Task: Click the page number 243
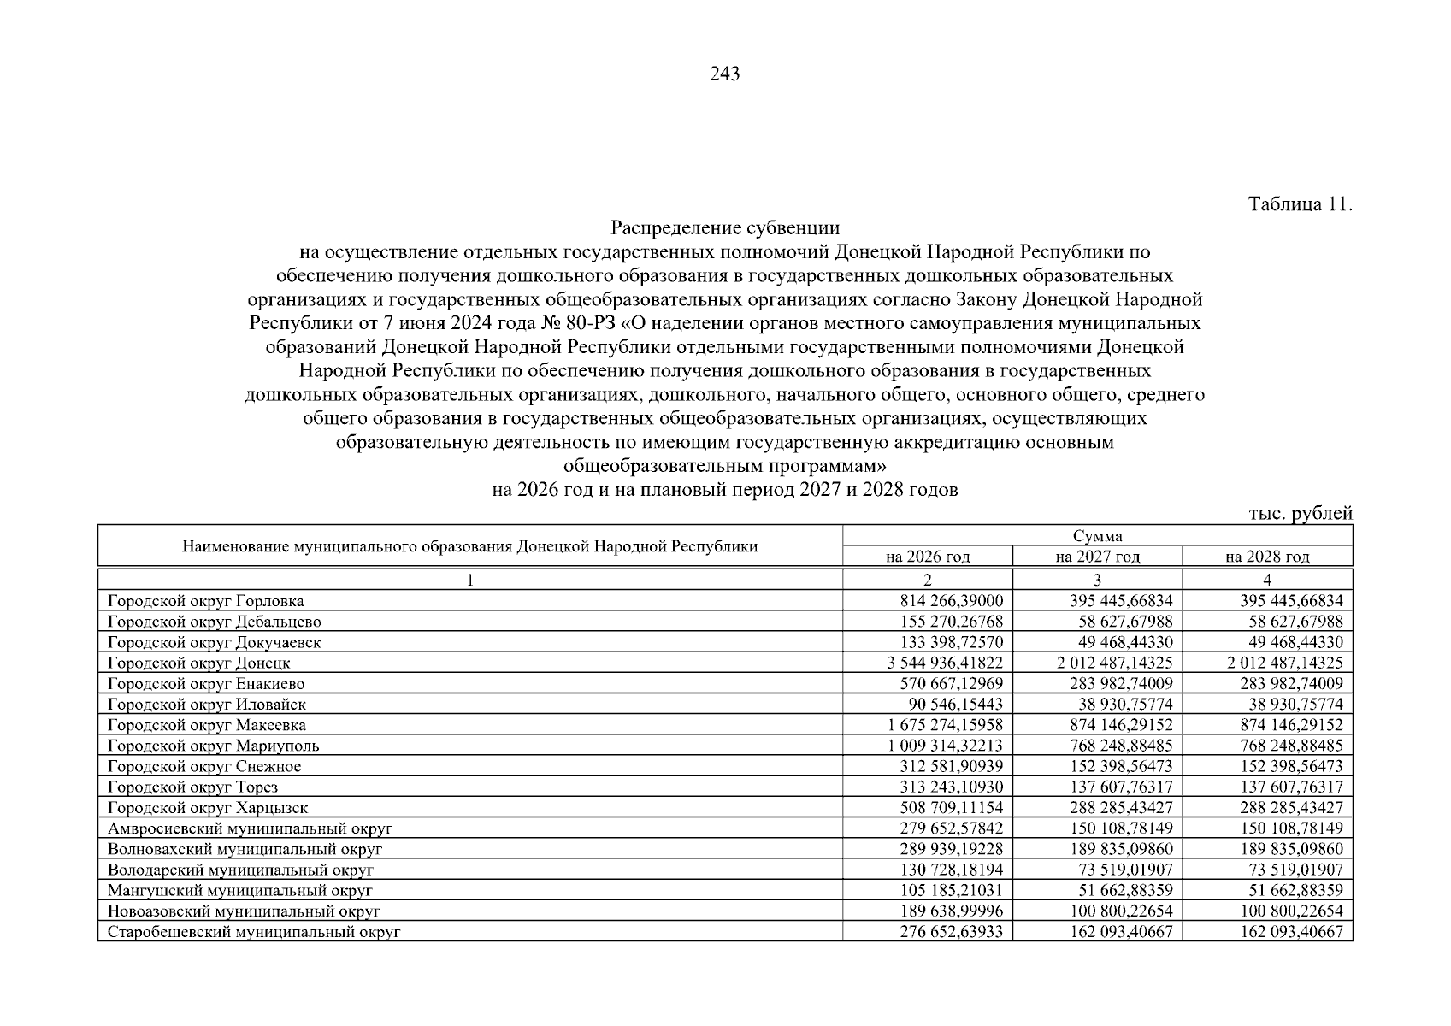pos(724,74)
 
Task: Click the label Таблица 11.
pos(1300,205)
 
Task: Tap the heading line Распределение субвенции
pos(724,228)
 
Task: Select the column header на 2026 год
pos(928,557)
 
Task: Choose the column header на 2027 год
pos(1097,557)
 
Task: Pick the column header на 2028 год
pos(1267,557)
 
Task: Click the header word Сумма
pos(1097,536)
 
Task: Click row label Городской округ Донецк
pos(199,663)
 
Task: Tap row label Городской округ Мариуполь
pos(214,746)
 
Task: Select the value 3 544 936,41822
pos(945,663)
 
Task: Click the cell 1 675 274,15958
pos(946,725)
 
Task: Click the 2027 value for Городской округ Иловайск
pos(1121,705)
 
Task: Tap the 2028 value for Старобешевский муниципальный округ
pos(1291,932)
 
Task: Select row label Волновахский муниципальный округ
pos(245,849)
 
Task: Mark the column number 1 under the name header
pos(469,580)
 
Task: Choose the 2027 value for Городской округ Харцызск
pos(1121,807)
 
